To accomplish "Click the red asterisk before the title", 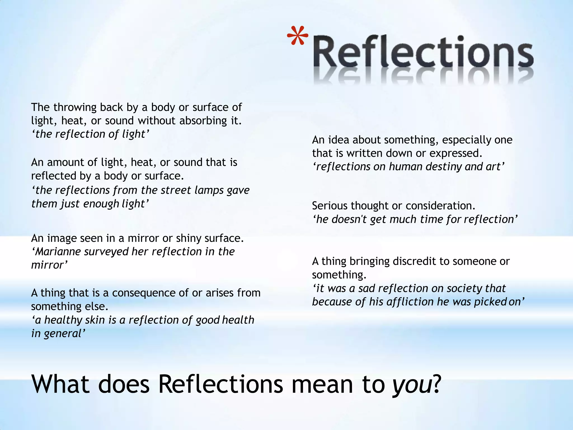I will point(297,36).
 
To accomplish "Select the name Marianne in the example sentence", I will point(58,252).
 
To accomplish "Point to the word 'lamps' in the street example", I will point(209,190).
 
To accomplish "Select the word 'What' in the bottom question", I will point(60,384).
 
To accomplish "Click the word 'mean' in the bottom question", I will point(322,384).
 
